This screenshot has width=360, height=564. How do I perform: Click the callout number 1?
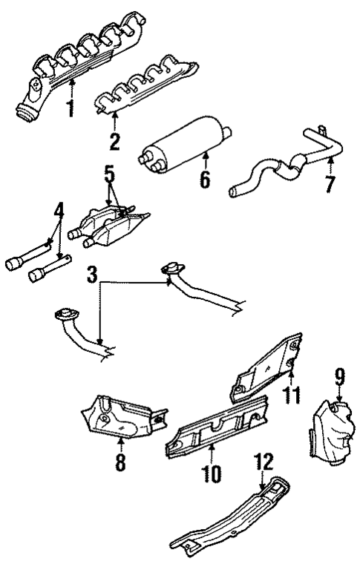(71, 108)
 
